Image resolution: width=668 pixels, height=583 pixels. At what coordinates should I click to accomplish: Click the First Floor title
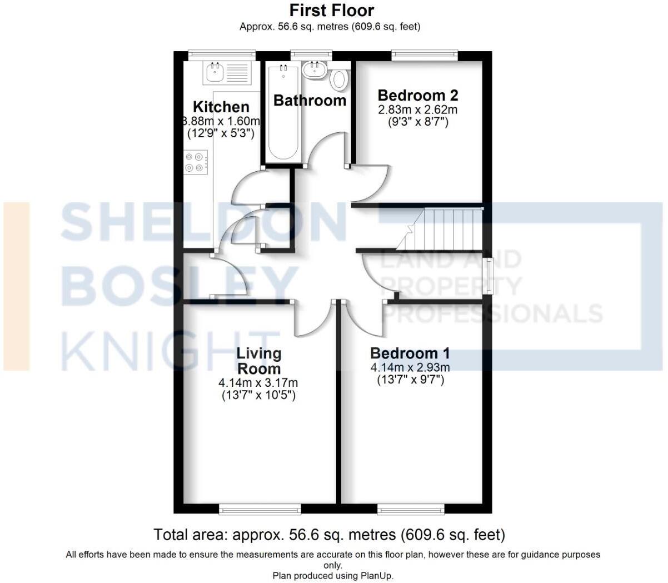point(332,10)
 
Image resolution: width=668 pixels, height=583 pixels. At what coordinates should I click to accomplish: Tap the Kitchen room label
point(221,107)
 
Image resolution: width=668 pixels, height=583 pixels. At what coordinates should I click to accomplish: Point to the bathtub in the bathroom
point(284,113)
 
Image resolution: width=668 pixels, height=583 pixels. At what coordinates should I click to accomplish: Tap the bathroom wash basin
point(315,70)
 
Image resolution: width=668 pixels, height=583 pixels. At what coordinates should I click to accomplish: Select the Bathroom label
point(310,101)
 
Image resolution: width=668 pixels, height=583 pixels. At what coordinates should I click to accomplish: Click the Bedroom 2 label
point(417,95)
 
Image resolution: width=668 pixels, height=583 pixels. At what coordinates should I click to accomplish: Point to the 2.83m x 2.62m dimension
point(417,109)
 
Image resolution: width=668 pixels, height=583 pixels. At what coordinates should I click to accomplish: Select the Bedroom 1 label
point(410,353)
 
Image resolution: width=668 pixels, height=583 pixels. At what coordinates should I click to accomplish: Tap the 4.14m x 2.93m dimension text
point(410,367)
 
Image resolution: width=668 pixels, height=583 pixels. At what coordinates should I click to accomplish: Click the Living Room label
point(258,361)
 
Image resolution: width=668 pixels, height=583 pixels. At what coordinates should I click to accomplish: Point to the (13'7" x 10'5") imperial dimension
point(258,396)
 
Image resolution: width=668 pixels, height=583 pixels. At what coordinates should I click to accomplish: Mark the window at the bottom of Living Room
point(260,509)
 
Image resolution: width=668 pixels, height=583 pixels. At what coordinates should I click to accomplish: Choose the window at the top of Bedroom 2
point(424,54)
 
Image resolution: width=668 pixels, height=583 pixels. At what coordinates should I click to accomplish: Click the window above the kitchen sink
point(221,54)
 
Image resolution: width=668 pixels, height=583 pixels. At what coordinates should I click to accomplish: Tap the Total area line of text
point(329,535)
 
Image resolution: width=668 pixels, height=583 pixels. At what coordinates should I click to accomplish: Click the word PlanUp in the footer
point(375,576)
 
